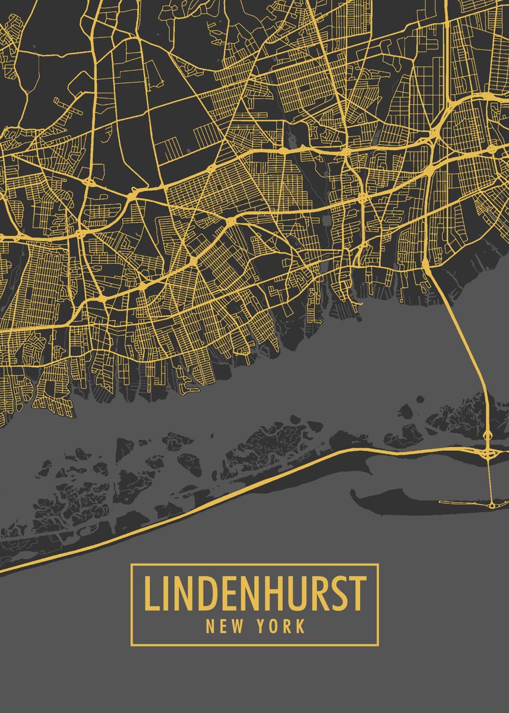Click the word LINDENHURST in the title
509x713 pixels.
pos(254,594)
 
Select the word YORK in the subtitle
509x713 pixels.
pos(282,626)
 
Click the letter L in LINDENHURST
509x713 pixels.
pos(151,594)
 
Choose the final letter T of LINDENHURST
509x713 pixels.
pos(357,594)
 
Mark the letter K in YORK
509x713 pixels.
pos(301,626)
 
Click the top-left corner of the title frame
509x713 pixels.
pos(132,564)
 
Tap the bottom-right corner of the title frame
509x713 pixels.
pos(378,645)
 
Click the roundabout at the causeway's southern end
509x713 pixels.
pos(492,505)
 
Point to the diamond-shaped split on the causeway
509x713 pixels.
pos(488,436)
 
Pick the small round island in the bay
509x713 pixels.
pos(420,399)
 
